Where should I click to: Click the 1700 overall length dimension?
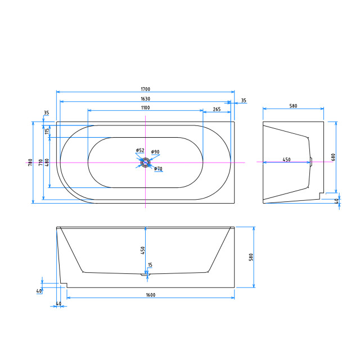[145, 89]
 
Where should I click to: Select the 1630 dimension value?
[145, 99]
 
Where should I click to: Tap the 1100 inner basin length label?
[145, 107]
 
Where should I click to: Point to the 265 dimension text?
[217, 109]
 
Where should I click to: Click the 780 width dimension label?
[30, 163]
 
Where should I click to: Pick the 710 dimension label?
[40, 163]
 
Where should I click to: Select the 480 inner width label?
[47, 163]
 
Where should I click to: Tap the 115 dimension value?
[47, 131]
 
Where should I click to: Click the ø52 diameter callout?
[140, 150]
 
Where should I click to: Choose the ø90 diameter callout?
[155, 152]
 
